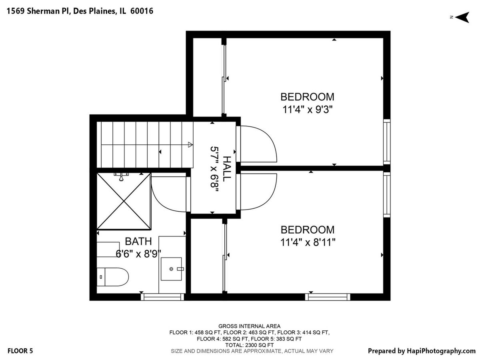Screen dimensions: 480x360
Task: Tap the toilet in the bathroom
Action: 112,277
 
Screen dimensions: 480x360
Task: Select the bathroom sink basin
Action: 171,269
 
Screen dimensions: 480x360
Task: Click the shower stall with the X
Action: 124,201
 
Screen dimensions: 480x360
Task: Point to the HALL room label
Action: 227,169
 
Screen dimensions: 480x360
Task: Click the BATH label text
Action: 138,241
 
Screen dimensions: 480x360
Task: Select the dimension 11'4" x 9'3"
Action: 308,110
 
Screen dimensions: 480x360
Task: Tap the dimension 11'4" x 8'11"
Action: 308,242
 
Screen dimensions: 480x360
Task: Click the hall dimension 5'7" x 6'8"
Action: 214,170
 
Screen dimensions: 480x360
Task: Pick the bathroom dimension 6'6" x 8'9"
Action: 138,254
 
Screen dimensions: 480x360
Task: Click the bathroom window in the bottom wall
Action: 162,297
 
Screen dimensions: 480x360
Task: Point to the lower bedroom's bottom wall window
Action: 328,297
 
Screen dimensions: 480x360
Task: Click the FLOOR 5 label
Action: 20,351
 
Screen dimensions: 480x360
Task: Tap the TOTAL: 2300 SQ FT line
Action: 249,345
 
